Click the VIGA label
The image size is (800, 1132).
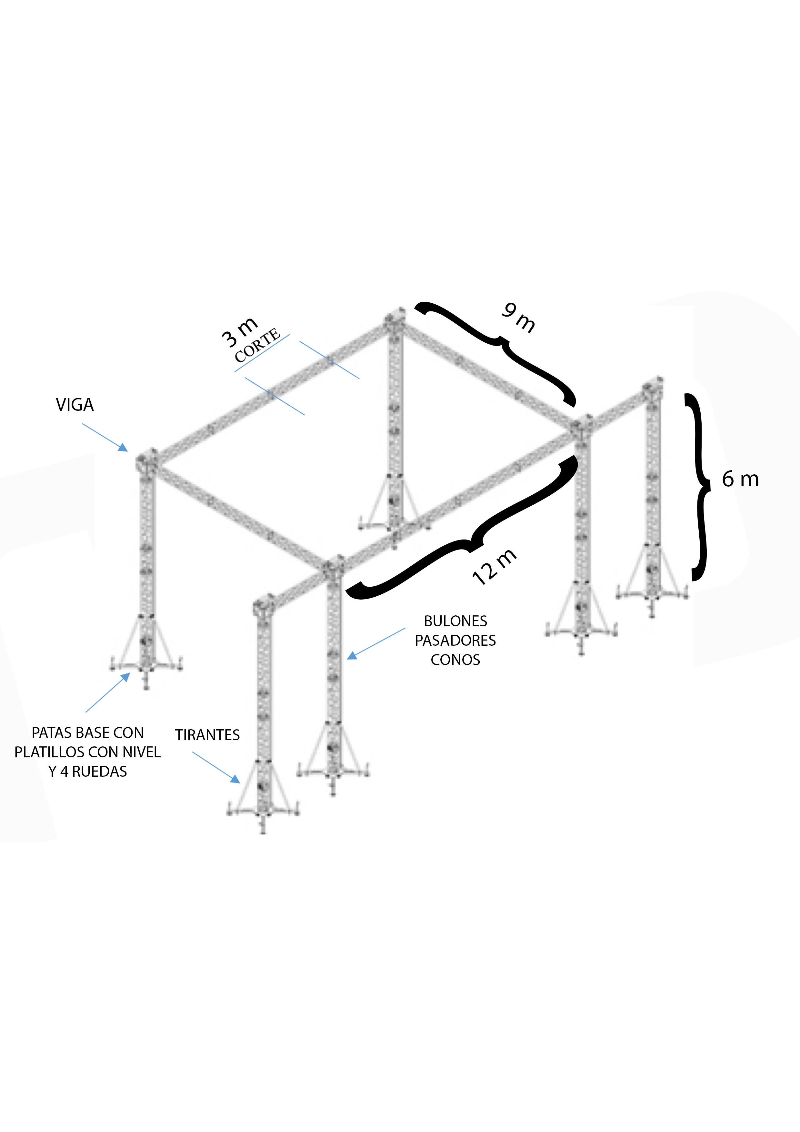click(75, 405)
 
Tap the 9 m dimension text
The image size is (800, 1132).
click(518, 318)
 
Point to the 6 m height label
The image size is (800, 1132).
click(740, 479)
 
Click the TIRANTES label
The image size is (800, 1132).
click(207, 735)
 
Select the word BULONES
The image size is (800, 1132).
click(455, 621)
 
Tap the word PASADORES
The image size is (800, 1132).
click(455, 641)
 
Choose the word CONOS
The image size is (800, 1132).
click(455, 660)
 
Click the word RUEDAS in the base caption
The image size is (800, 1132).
click(100, 772)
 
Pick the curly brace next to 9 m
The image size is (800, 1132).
click(495, 353)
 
